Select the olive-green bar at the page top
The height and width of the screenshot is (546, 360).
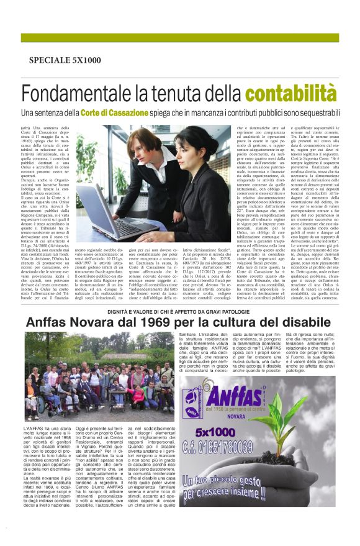[x=180, y=37]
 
